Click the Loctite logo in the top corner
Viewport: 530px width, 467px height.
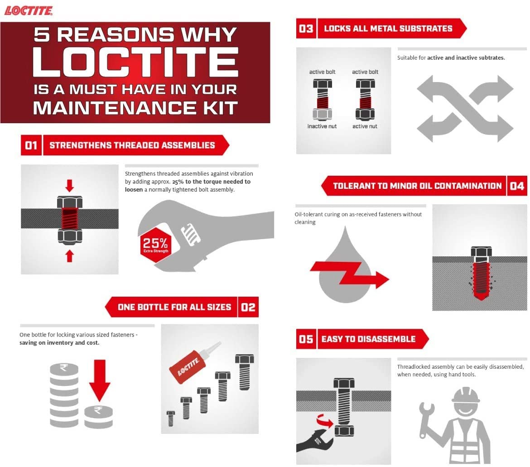tap(29, 10)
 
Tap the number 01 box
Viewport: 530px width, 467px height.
tap(31, 145)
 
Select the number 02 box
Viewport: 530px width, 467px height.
tap(248, 307)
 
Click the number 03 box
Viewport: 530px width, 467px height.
tap(306, 29)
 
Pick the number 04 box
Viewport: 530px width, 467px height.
tap(517, 186)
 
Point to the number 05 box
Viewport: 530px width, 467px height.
tap(306, 339)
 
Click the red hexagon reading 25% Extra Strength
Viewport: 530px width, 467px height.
tap(156, 245)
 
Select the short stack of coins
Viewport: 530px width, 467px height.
tap(98, 417)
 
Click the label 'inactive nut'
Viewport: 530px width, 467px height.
tap(322, 126)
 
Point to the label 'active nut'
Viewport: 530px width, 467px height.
tap(365, 126)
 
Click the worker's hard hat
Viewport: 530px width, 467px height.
tap(466, 395)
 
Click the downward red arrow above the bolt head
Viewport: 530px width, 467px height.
tap(70, 186)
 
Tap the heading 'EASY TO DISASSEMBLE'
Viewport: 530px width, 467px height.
tap(368, 339)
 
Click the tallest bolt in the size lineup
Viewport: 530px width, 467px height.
tap(244, 372)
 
